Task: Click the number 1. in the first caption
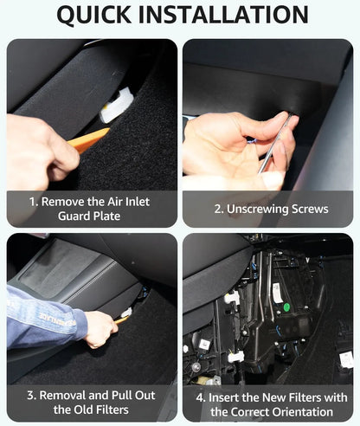point(34,201)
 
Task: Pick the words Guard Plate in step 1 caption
point(91,217)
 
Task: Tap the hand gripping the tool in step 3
point(100,328)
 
